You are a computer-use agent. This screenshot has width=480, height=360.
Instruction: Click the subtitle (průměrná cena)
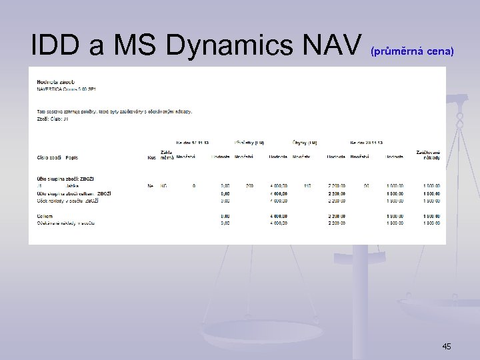(x=411, y=51)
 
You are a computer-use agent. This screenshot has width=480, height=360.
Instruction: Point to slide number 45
(x=447, y=346)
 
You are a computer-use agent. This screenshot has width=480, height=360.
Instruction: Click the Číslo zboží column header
(x=49, y=157)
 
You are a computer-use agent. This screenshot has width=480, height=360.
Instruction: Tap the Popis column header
(x=72, y=157)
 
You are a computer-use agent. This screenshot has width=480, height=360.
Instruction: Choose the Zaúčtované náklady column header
(x=428, y=154)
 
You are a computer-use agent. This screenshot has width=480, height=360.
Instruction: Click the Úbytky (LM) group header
(x=305, y=142)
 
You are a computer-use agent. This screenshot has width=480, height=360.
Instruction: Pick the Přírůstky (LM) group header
(x=248, y=142)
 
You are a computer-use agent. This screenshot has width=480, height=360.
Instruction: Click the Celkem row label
(x=45, y=216)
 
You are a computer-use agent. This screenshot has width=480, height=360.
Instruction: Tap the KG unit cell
(x=164, y=186)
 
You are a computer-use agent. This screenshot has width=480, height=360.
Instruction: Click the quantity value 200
(x=249, y=186)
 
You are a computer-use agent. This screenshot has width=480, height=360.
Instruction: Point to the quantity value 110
(x=307, y=186)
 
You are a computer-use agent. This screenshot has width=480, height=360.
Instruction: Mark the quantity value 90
(x=366, y=186)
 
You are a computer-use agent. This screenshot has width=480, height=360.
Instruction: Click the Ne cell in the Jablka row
(x=150, y=186)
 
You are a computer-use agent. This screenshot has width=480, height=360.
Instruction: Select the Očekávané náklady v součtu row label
(x=66, y=223)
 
